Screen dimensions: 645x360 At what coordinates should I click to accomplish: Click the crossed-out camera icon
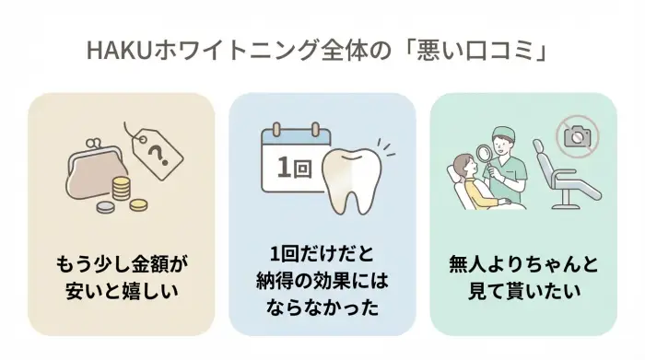point(579,137)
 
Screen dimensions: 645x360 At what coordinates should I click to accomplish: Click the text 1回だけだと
point(322,253)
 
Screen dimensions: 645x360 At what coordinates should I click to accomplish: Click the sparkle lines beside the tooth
point(387,147)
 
